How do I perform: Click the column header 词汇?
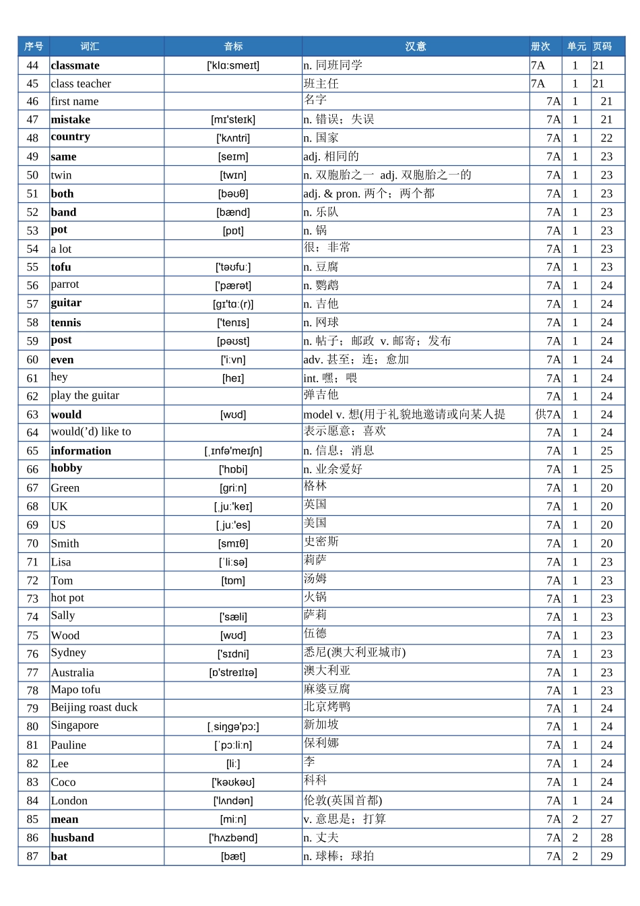coord(90,47)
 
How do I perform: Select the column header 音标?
coord(233,47)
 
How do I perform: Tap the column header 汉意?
coord(416,47)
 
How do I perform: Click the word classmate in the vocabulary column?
coord(75,65)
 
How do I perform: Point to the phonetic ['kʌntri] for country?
coord(233,138)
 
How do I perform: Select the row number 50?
coord(33,175)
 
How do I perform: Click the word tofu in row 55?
coord(61,267)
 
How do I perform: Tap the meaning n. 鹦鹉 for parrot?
coord(321,286)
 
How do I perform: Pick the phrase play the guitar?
coord(86,396)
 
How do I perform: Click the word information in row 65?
coord(82,451)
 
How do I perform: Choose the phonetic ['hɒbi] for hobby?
coord(233,470)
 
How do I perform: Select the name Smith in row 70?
coord(65,543)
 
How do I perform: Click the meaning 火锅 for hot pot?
coord(315,597)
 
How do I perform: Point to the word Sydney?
coord(69,653)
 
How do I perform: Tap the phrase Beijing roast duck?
coord(94,707)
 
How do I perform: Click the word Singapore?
coord(75,725)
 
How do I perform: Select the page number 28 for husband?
coord(606,838)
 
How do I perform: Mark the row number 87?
coord(33,856)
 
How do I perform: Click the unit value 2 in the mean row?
coord(575,819)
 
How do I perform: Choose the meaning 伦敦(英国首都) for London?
coord(343,801)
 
